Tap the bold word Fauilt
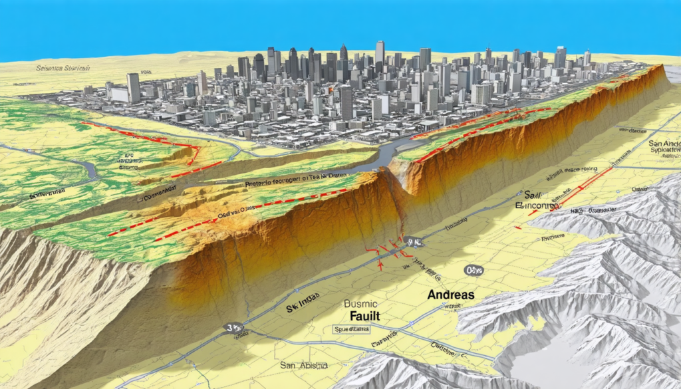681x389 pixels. pos(363,317)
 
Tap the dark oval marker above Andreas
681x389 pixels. pos(474,270)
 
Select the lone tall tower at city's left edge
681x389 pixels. pos(134,87)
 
